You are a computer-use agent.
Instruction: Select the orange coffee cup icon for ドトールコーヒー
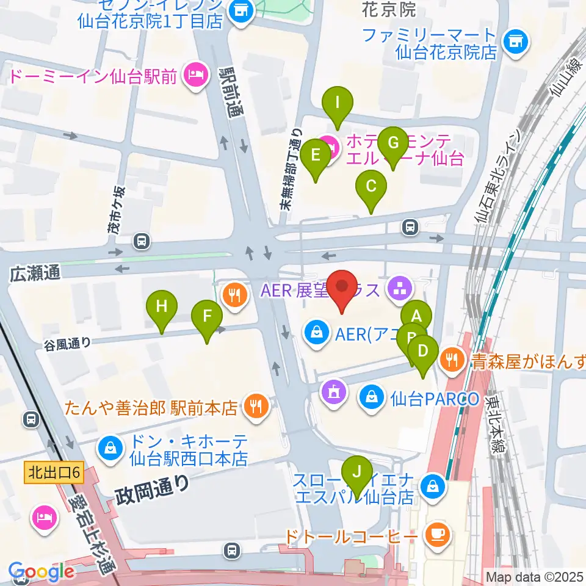tap(437, 534)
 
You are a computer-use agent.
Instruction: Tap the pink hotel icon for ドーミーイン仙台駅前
tap(195, 77)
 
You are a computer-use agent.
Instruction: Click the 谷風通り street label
tap(67, 343)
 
